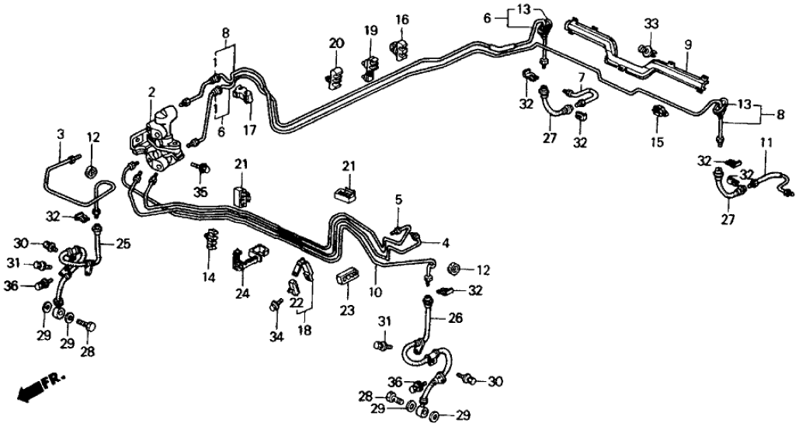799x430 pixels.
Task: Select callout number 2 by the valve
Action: point(152,94)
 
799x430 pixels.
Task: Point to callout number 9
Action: point(686,45)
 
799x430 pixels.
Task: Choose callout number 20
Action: point(335,43)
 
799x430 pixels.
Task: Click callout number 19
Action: point(370,31)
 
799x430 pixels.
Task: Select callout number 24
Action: point(242,293)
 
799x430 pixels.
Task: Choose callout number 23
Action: point(346,310)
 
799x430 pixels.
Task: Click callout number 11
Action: point(766,143)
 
